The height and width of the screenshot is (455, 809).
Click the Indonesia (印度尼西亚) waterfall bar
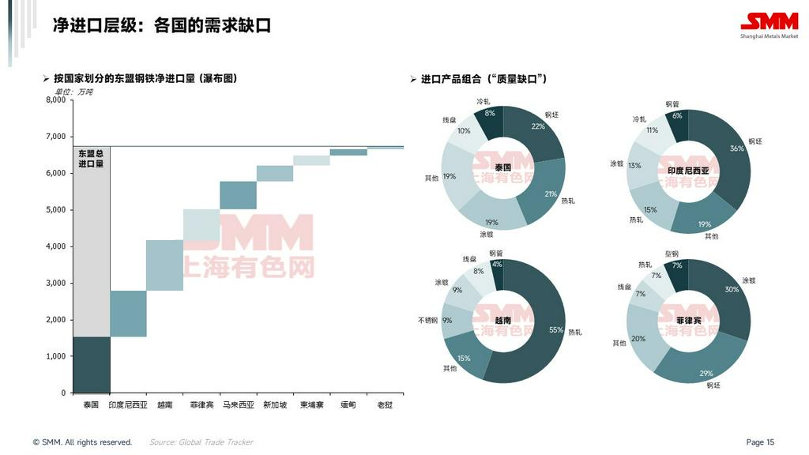click(x=128, y=314)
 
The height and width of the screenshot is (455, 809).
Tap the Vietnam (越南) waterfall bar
click(x=164, y=265)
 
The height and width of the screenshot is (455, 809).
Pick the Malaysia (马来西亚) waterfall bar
click(x=238, y=195)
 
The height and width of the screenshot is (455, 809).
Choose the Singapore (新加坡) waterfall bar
click(x=274, y=174)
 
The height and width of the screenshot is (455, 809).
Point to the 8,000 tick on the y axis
click(x=55, y=100)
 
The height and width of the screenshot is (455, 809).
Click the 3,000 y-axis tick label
click(x=55, y=284)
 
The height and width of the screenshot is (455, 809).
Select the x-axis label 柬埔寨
click(x=311, y=405)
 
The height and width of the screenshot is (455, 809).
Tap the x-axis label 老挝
click(x=385, y=405)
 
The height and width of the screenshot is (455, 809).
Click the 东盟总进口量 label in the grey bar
click(x=91, y=158)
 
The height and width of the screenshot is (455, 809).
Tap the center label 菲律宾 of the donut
click(x=688, y=320)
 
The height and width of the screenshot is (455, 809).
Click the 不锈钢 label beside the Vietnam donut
click(x=429, y=320)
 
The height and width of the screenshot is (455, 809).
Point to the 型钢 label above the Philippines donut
click(x=672, y=254)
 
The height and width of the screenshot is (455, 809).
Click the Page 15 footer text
click(x=760, y=442)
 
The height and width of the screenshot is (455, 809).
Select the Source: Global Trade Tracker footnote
click(x=201, y=442)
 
